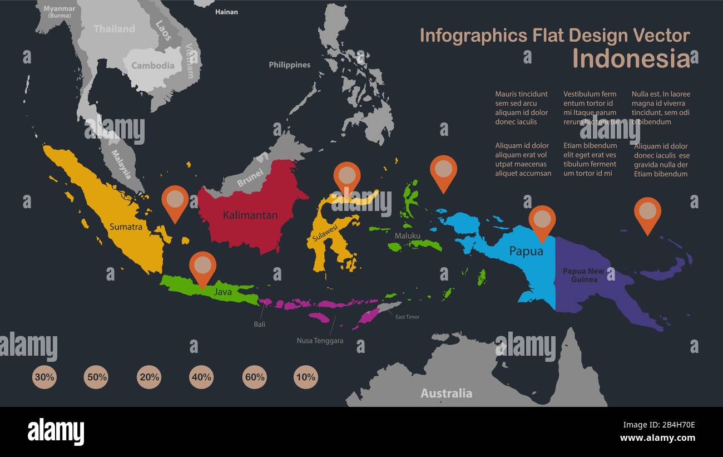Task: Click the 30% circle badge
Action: (x=44, y=377)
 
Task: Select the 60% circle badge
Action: (x=255, y=377)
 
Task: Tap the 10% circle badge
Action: (x=306, y=377)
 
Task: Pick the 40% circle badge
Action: (x=201, y=377)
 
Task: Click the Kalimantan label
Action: (x=250, y=215)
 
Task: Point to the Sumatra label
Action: (x=126, y=227)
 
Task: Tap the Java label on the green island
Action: (x=223, y=291)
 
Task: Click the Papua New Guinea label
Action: (x=583, y=275)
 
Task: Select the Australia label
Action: (x=446, y=393)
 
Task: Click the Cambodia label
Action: (x=153, y=65)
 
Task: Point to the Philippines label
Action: (x=289, y=65)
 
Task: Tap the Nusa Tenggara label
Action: (x=320, y=341)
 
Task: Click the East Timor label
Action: (x=407, y=317)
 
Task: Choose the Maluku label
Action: (x=408, y=235)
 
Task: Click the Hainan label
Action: (x=226, y=12)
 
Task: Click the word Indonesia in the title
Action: (x=631, y=58)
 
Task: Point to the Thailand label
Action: (x=114, y=28)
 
